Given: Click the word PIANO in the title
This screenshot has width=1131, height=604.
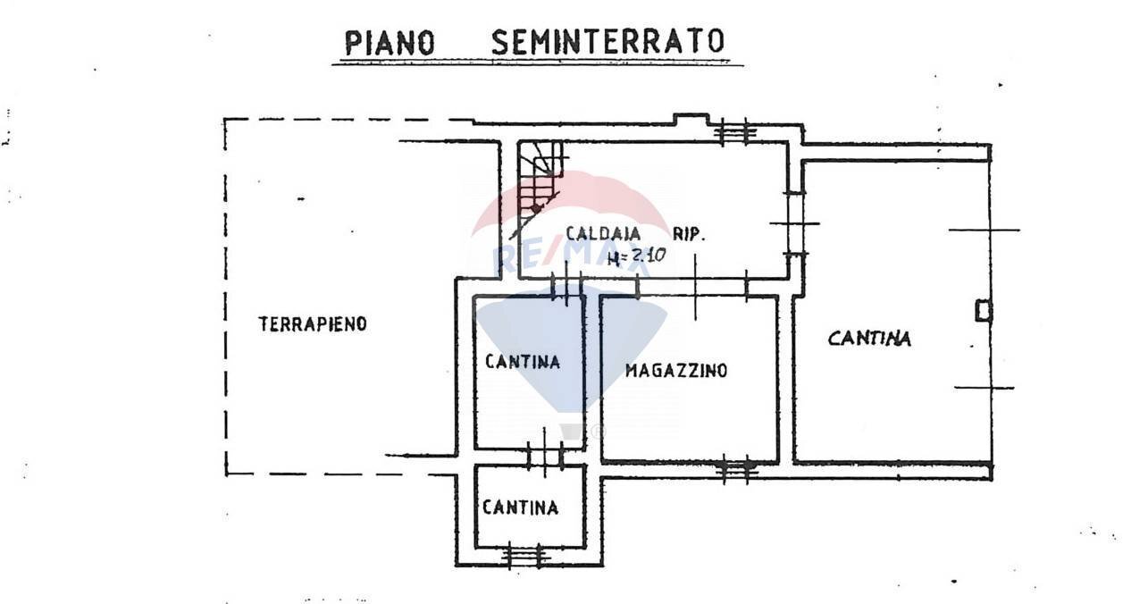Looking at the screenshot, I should point(391,42).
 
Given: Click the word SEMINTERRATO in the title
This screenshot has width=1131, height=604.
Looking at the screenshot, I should point(607,41).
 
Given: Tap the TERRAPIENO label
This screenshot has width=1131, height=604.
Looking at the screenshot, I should point(313,324).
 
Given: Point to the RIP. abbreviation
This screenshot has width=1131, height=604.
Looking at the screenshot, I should point(689,235).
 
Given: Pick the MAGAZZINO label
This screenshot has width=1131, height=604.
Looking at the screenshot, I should point(676,371).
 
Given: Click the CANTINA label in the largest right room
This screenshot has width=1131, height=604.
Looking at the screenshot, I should point(869,339).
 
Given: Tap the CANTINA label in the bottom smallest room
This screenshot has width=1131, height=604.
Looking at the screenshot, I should point(520,508).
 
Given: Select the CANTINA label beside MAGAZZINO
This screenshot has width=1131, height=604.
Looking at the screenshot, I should point(523,362).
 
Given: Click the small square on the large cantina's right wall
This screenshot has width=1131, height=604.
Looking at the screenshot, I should point(984,310).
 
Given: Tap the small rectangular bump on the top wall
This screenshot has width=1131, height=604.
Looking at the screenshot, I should point(691,118).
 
